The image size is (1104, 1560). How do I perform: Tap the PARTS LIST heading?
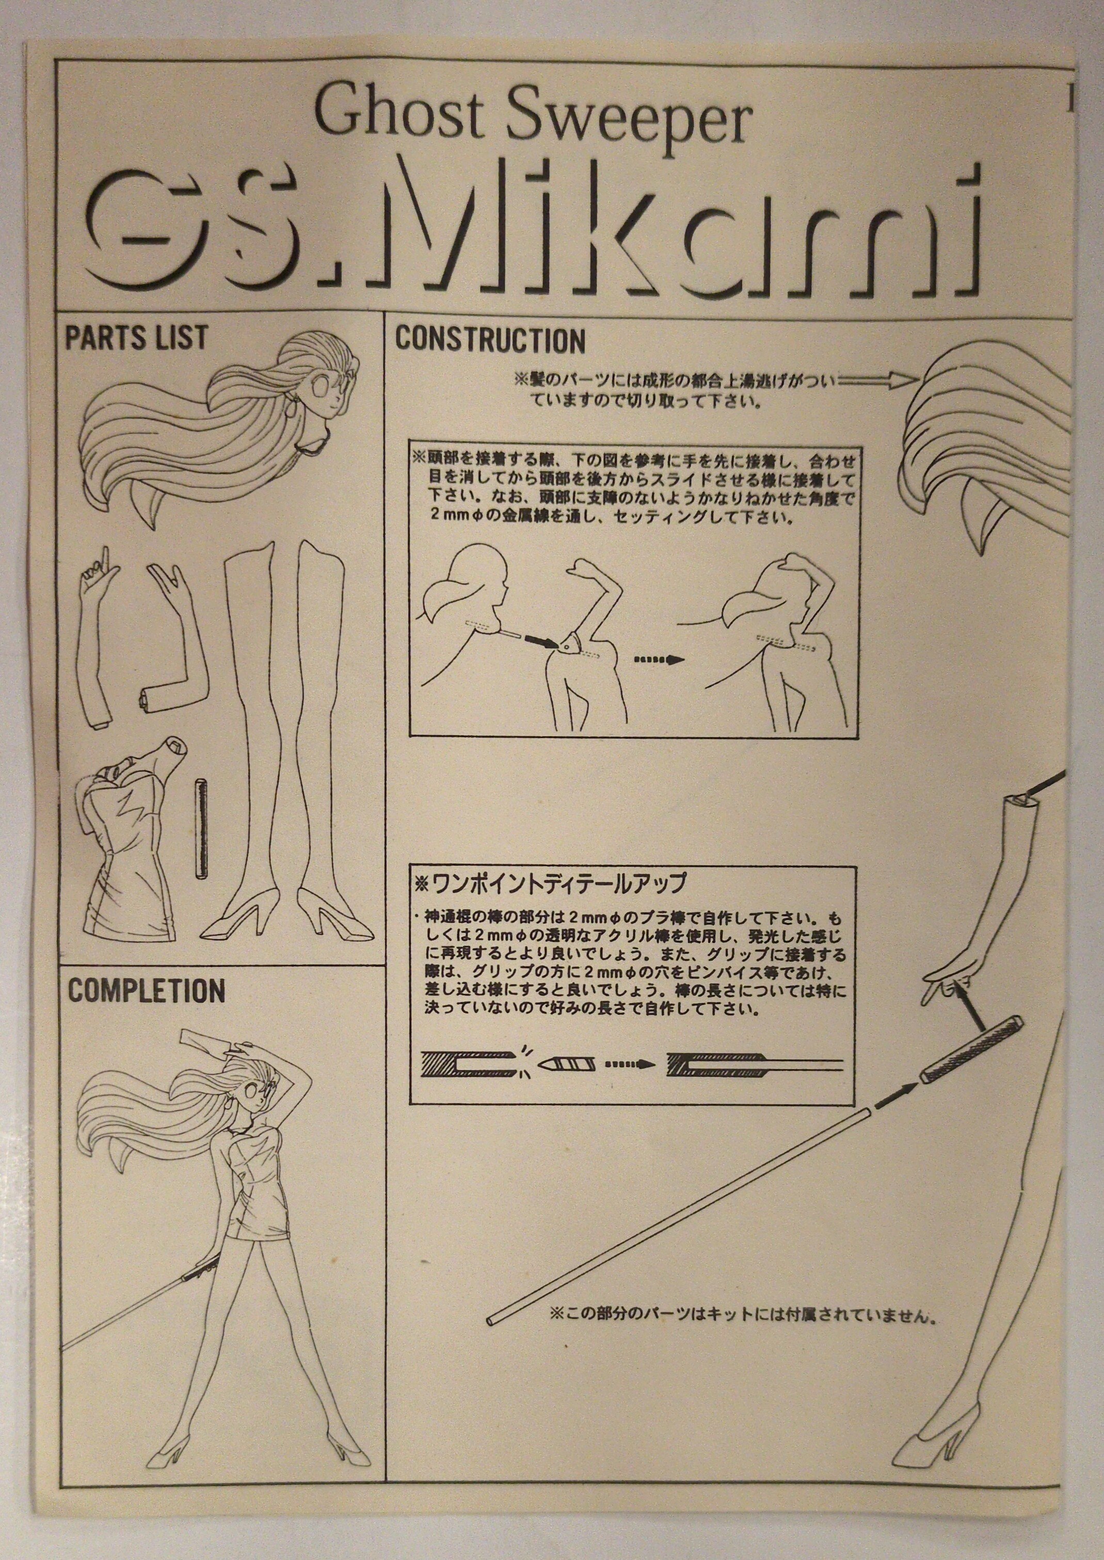135,338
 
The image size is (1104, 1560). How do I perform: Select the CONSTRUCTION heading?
490,339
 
